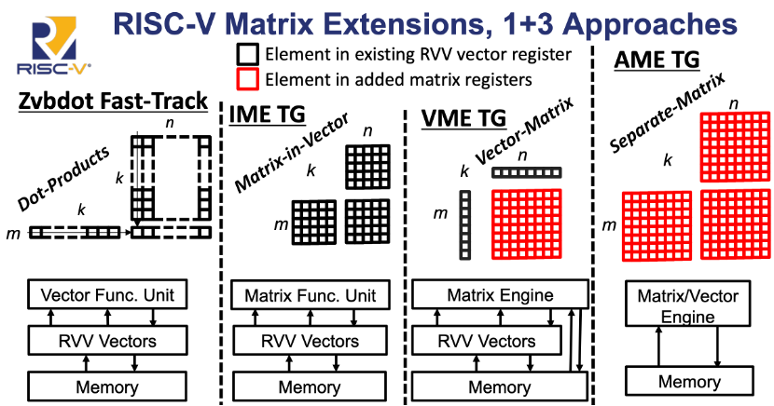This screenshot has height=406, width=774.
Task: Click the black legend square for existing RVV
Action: click(x=247, y=55)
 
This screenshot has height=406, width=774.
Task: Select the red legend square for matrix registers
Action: click(x=247, y=80)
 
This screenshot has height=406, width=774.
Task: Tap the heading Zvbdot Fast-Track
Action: click(x=113, y=101)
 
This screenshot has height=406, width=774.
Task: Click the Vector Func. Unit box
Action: click(x=108, y=296)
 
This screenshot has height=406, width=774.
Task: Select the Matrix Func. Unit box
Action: click(x=310, y=296)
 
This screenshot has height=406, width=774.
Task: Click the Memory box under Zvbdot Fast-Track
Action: click(x=108, y=386)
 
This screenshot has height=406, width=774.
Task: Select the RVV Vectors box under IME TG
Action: click(x=310, y=341)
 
